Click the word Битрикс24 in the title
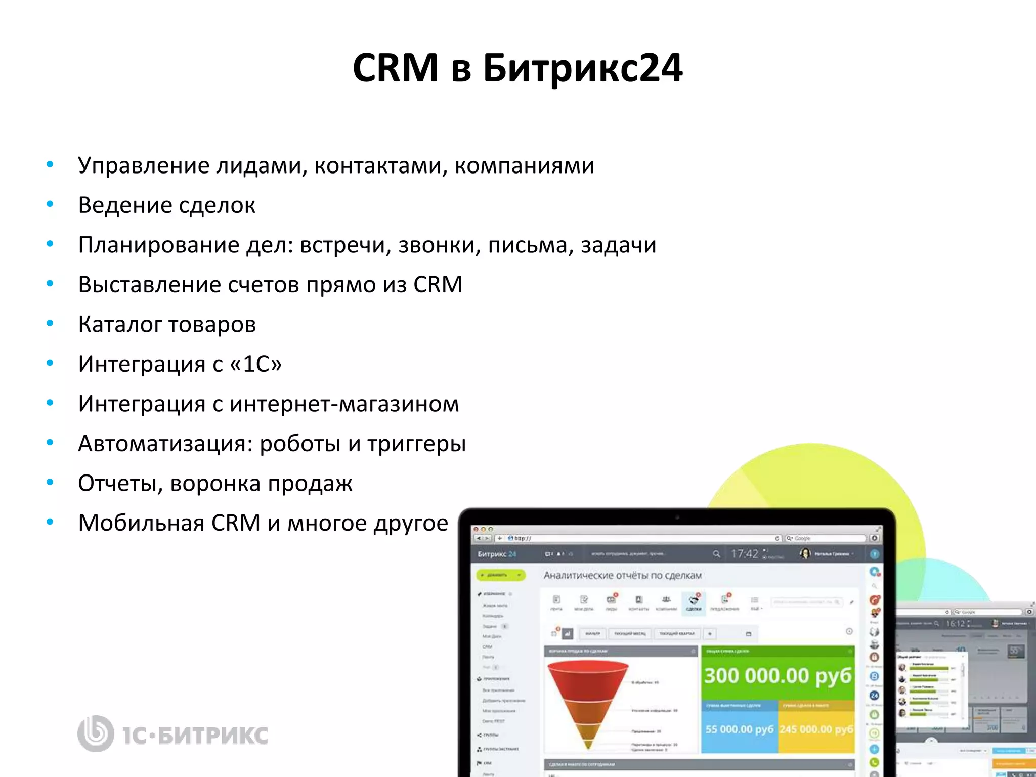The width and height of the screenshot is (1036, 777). (583, 68)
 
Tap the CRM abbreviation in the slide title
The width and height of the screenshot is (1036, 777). (395, 68)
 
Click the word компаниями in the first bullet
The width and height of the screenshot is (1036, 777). (524, 166)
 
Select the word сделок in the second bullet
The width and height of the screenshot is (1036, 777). (217, 205)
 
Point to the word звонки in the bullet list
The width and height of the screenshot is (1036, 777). (439, 245)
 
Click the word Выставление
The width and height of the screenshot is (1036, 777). (149, 285)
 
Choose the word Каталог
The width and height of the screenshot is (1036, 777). (119, 325)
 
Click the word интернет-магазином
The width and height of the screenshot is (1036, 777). (344, 404)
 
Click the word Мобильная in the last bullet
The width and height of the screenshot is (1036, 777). (141, 523)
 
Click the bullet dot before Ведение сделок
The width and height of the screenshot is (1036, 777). (50, 204)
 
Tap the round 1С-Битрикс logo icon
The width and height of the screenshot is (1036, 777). (95, 733)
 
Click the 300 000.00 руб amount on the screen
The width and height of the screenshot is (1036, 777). (778, 676)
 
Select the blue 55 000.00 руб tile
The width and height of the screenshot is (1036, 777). (739, 729)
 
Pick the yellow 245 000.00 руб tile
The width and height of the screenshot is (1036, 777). (816, 729)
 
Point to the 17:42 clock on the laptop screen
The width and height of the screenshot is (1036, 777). (744, 554)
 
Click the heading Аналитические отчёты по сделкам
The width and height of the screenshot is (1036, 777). (622, 575)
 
